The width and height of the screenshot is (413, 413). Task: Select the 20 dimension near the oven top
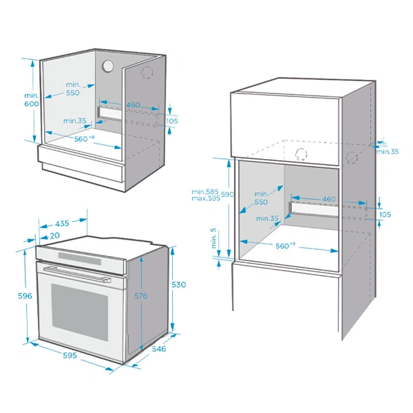[x=55, y=235]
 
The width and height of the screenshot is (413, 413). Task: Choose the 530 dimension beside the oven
[x=179, y=284]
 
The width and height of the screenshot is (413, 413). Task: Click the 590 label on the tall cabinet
[x=227, y=195]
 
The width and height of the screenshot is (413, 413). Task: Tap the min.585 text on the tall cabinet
[x=205, y=191]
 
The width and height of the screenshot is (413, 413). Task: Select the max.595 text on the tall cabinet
[x=205, y=199]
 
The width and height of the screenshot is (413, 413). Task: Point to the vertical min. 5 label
[x=214, y=237]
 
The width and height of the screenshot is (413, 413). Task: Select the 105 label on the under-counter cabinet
[x=172, y=120]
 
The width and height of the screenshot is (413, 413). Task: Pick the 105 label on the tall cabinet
[x=384, y=215]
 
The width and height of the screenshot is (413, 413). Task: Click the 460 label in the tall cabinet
[x=328, y=199]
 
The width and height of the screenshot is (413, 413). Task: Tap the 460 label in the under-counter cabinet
[x=133, y=105]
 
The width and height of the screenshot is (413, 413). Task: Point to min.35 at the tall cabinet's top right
[x=388, y=151]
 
